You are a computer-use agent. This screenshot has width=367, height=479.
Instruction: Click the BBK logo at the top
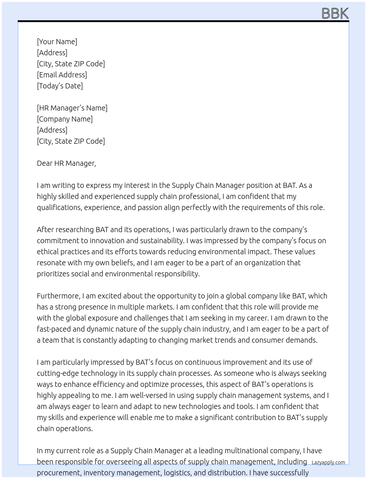click(335, 13)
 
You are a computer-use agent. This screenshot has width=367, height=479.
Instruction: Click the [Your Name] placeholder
click(57, 42)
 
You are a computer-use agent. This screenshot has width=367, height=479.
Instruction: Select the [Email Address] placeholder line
click(62, 75)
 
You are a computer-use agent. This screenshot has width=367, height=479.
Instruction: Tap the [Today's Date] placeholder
click(60, 86)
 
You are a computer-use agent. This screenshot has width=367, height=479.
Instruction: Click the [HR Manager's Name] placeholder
click(72, 108)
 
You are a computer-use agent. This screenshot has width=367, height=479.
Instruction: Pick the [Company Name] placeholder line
click(65, 119)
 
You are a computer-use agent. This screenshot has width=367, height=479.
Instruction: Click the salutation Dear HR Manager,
click(66, 163)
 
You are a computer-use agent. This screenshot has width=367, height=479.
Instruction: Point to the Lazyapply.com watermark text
click(328, 462)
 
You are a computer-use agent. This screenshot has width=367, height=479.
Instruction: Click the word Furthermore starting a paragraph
click(58, 296)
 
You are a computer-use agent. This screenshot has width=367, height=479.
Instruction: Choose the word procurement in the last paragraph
click(59, 473)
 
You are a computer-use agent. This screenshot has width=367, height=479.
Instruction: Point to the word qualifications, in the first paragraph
click(59, 207)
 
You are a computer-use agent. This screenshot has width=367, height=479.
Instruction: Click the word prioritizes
click(53, 274)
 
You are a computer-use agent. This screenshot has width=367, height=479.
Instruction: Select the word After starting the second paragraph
click(44, 230)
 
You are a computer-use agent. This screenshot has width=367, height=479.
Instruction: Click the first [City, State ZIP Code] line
click(71, 64)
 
